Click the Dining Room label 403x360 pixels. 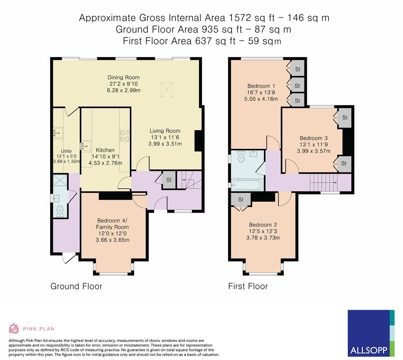(x=124, y=77)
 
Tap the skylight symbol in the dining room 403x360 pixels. (x=166, y=90)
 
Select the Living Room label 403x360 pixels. (x=165, y=131)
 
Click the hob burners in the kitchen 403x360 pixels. (x=124, y=136)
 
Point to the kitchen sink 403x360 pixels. (x=86, y=146)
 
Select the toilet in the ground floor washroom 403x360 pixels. (x=60, y=211)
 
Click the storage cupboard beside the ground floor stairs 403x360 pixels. (x=169, y=180)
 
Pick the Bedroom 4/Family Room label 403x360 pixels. (x=112, y=224)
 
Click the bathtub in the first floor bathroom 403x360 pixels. (x=247, y=185)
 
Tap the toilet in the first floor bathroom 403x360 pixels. (x=241, y=157)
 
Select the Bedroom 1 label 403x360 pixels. (x=259, y=86)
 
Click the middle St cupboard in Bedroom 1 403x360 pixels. (x=297, y=86)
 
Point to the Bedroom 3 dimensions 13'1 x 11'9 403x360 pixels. (x=313, y=144)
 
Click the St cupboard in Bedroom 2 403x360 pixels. (x=241, y=200)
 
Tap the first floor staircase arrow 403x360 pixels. (x=325, y=182)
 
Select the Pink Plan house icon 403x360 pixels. (x=14, y=328)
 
